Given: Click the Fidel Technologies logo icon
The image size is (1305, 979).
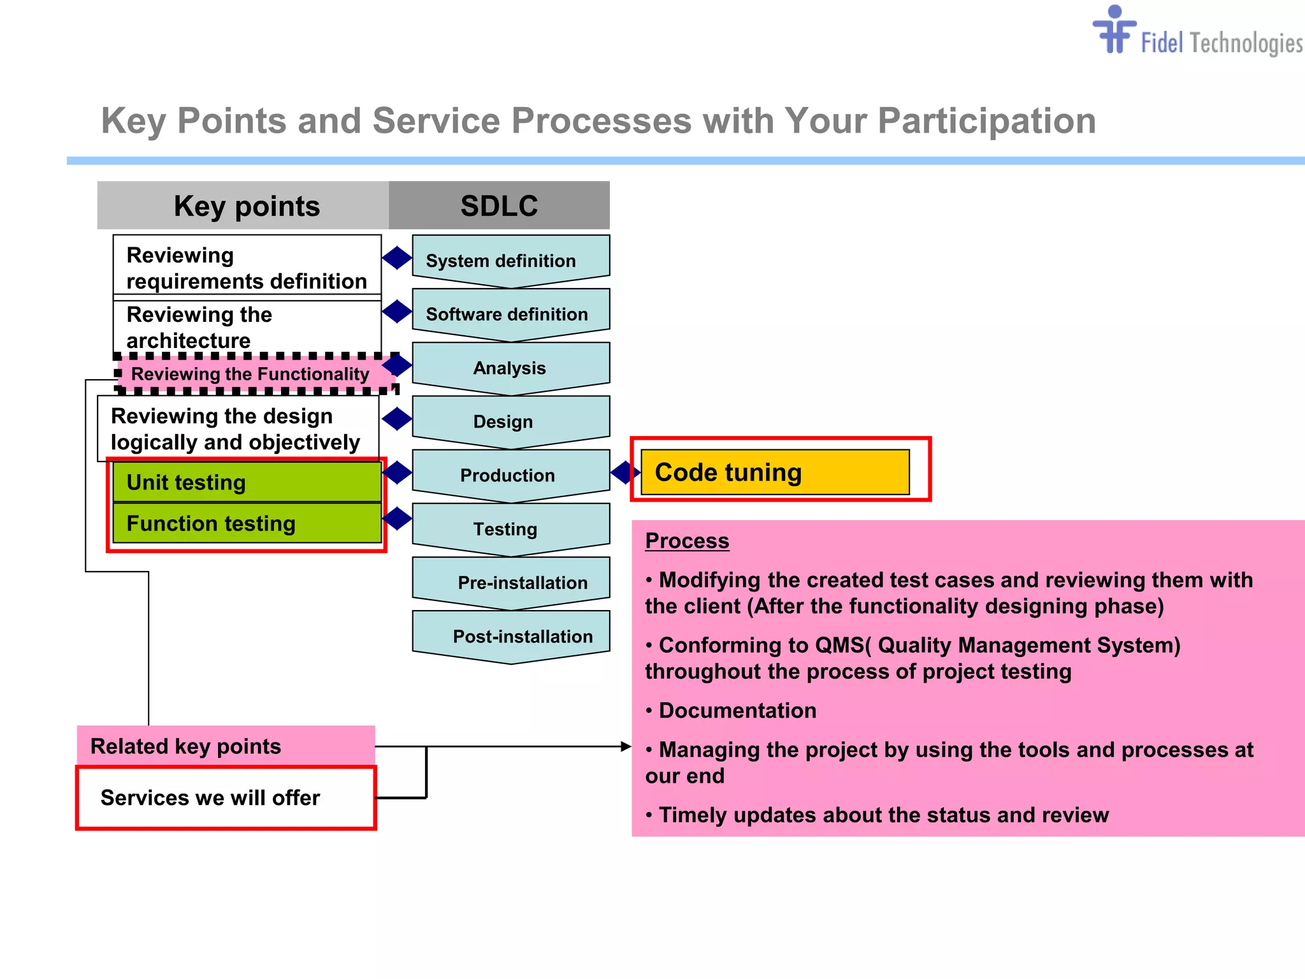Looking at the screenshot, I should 1114,31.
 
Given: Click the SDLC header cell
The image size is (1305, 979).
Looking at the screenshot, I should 499,205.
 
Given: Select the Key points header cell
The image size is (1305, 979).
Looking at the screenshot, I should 246,205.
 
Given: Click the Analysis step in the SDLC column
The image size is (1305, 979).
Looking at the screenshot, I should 510,367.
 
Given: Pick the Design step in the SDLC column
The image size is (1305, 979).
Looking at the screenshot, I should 510,421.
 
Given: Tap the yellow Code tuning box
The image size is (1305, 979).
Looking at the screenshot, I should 775,472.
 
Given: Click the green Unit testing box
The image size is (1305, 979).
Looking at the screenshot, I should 247,482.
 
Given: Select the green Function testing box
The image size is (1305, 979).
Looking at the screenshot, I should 247,523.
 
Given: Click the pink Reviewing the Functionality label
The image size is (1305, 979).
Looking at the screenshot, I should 251,373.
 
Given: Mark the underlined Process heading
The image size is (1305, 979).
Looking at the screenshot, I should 687,540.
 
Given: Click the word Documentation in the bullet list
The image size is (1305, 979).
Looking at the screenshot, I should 737,710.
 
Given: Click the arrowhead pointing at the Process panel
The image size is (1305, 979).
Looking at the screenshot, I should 626,746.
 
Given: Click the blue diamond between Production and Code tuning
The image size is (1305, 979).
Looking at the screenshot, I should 624,472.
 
